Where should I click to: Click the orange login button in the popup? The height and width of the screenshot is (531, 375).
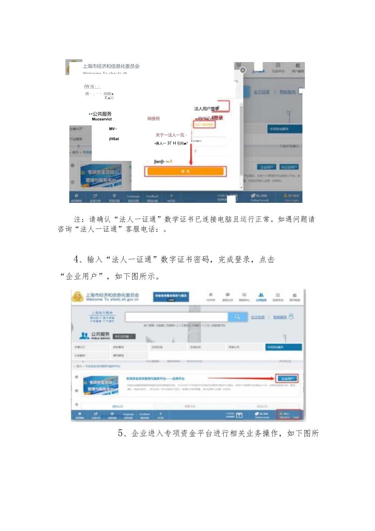[x=185, y=171]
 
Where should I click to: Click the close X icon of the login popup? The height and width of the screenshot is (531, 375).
[x=243, y=70]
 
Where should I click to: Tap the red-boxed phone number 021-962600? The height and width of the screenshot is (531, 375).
[x=204, y=124]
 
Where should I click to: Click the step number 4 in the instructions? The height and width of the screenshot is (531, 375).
[x=75, y=259]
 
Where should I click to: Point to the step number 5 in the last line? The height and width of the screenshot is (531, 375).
[x=120, y=433]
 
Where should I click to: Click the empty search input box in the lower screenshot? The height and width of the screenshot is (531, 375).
[x=176, y=317]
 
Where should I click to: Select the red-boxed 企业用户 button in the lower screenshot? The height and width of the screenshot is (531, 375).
[x=287, y=378]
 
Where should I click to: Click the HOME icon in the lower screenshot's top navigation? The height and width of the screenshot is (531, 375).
[x=211, y=297]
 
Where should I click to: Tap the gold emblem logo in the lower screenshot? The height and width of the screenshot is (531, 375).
[x=77, y=296]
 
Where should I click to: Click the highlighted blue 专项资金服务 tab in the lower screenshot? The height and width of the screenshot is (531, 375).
[x=283, y=347]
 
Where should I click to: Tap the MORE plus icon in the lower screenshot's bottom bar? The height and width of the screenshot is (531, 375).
[x=160, y=415]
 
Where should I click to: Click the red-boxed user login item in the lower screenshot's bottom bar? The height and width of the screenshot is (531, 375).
[x=289, y=415]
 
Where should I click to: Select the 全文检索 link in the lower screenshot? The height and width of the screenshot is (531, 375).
[x=258, y=317]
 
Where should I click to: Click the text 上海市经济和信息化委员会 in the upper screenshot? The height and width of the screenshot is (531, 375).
[x=111, y=66]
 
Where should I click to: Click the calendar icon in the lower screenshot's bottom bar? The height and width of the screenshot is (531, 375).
[x=239, y=415]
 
